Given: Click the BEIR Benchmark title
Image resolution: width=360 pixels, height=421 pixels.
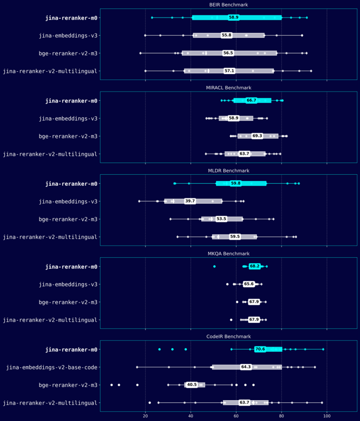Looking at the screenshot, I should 228,4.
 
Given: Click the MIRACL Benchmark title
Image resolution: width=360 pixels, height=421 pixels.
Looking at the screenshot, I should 228,88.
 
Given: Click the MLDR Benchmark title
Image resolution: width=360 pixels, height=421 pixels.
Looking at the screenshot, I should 228,170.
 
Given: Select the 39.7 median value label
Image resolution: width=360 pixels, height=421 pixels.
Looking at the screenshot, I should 190,201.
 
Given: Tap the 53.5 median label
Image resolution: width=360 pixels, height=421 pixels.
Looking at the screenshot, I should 221,219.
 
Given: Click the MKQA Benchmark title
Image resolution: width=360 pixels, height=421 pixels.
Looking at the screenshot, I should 228,254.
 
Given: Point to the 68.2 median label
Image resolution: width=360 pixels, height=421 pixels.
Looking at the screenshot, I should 255,266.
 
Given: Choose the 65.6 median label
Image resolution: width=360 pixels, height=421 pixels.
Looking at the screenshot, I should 249,284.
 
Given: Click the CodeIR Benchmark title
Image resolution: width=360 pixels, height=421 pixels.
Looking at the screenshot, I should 228,336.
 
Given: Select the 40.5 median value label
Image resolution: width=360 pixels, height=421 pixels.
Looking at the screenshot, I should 192,385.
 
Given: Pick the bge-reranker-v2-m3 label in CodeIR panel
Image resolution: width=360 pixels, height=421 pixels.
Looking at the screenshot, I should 69,385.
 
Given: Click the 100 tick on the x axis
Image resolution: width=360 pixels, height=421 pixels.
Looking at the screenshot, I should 327,416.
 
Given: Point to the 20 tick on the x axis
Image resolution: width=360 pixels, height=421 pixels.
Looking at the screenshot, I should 145,416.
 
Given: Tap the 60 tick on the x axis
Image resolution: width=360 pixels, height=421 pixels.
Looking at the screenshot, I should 236,416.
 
